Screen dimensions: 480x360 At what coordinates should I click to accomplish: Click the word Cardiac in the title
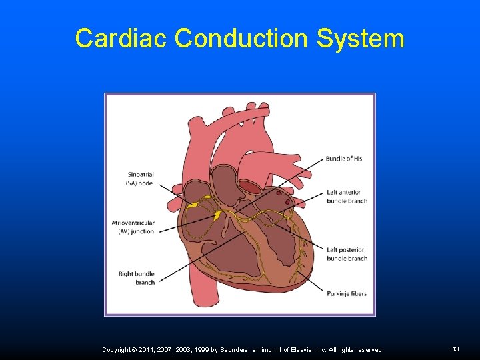click(x=121, y=38)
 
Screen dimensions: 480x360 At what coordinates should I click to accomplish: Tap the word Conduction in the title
click(x=242, y=38)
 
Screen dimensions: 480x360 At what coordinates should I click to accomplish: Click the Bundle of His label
click(x=344, y=159)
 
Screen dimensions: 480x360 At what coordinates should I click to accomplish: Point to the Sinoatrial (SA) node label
click(x=140, y=179)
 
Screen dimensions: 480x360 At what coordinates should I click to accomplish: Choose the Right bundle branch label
click(x=136, y=278)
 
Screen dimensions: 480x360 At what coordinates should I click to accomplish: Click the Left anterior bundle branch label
click(x=347, y=197)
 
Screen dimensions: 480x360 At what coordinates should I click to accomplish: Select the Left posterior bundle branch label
click(x=347, y=254)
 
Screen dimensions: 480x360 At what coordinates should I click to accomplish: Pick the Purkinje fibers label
click(x=347, y=293)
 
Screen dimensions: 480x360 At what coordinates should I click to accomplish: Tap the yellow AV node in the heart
click(x=217, y=215)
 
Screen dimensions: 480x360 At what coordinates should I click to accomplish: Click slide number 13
click(x=456, y=349)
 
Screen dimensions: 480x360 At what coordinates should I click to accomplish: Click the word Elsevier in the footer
click(x=303, y=349)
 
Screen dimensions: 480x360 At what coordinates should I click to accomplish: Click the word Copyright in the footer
click(x=118, y=349)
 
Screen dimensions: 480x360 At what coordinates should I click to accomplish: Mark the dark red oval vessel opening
click(x=249, y=187)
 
